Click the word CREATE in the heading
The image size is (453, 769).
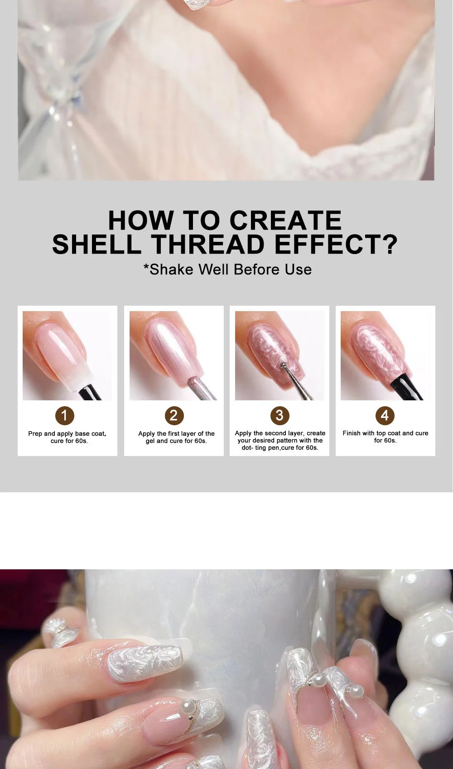tap(285, 221)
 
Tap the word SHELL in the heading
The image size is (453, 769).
tap(96, 245)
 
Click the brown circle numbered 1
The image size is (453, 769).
tap(64, 415)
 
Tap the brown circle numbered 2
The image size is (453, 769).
tap(174, 415)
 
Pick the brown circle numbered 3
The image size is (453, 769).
tap(280, 415)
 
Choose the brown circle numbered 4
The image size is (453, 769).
tap(385, 415)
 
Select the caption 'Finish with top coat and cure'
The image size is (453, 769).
tap(385, 433)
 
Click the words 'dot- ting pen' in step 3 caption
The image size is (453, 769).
tap(260, 448)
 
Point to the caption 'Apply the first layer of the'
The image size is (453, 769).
tap(176, 433)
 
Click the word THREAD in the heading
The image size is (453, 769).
tap(208, 245)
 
